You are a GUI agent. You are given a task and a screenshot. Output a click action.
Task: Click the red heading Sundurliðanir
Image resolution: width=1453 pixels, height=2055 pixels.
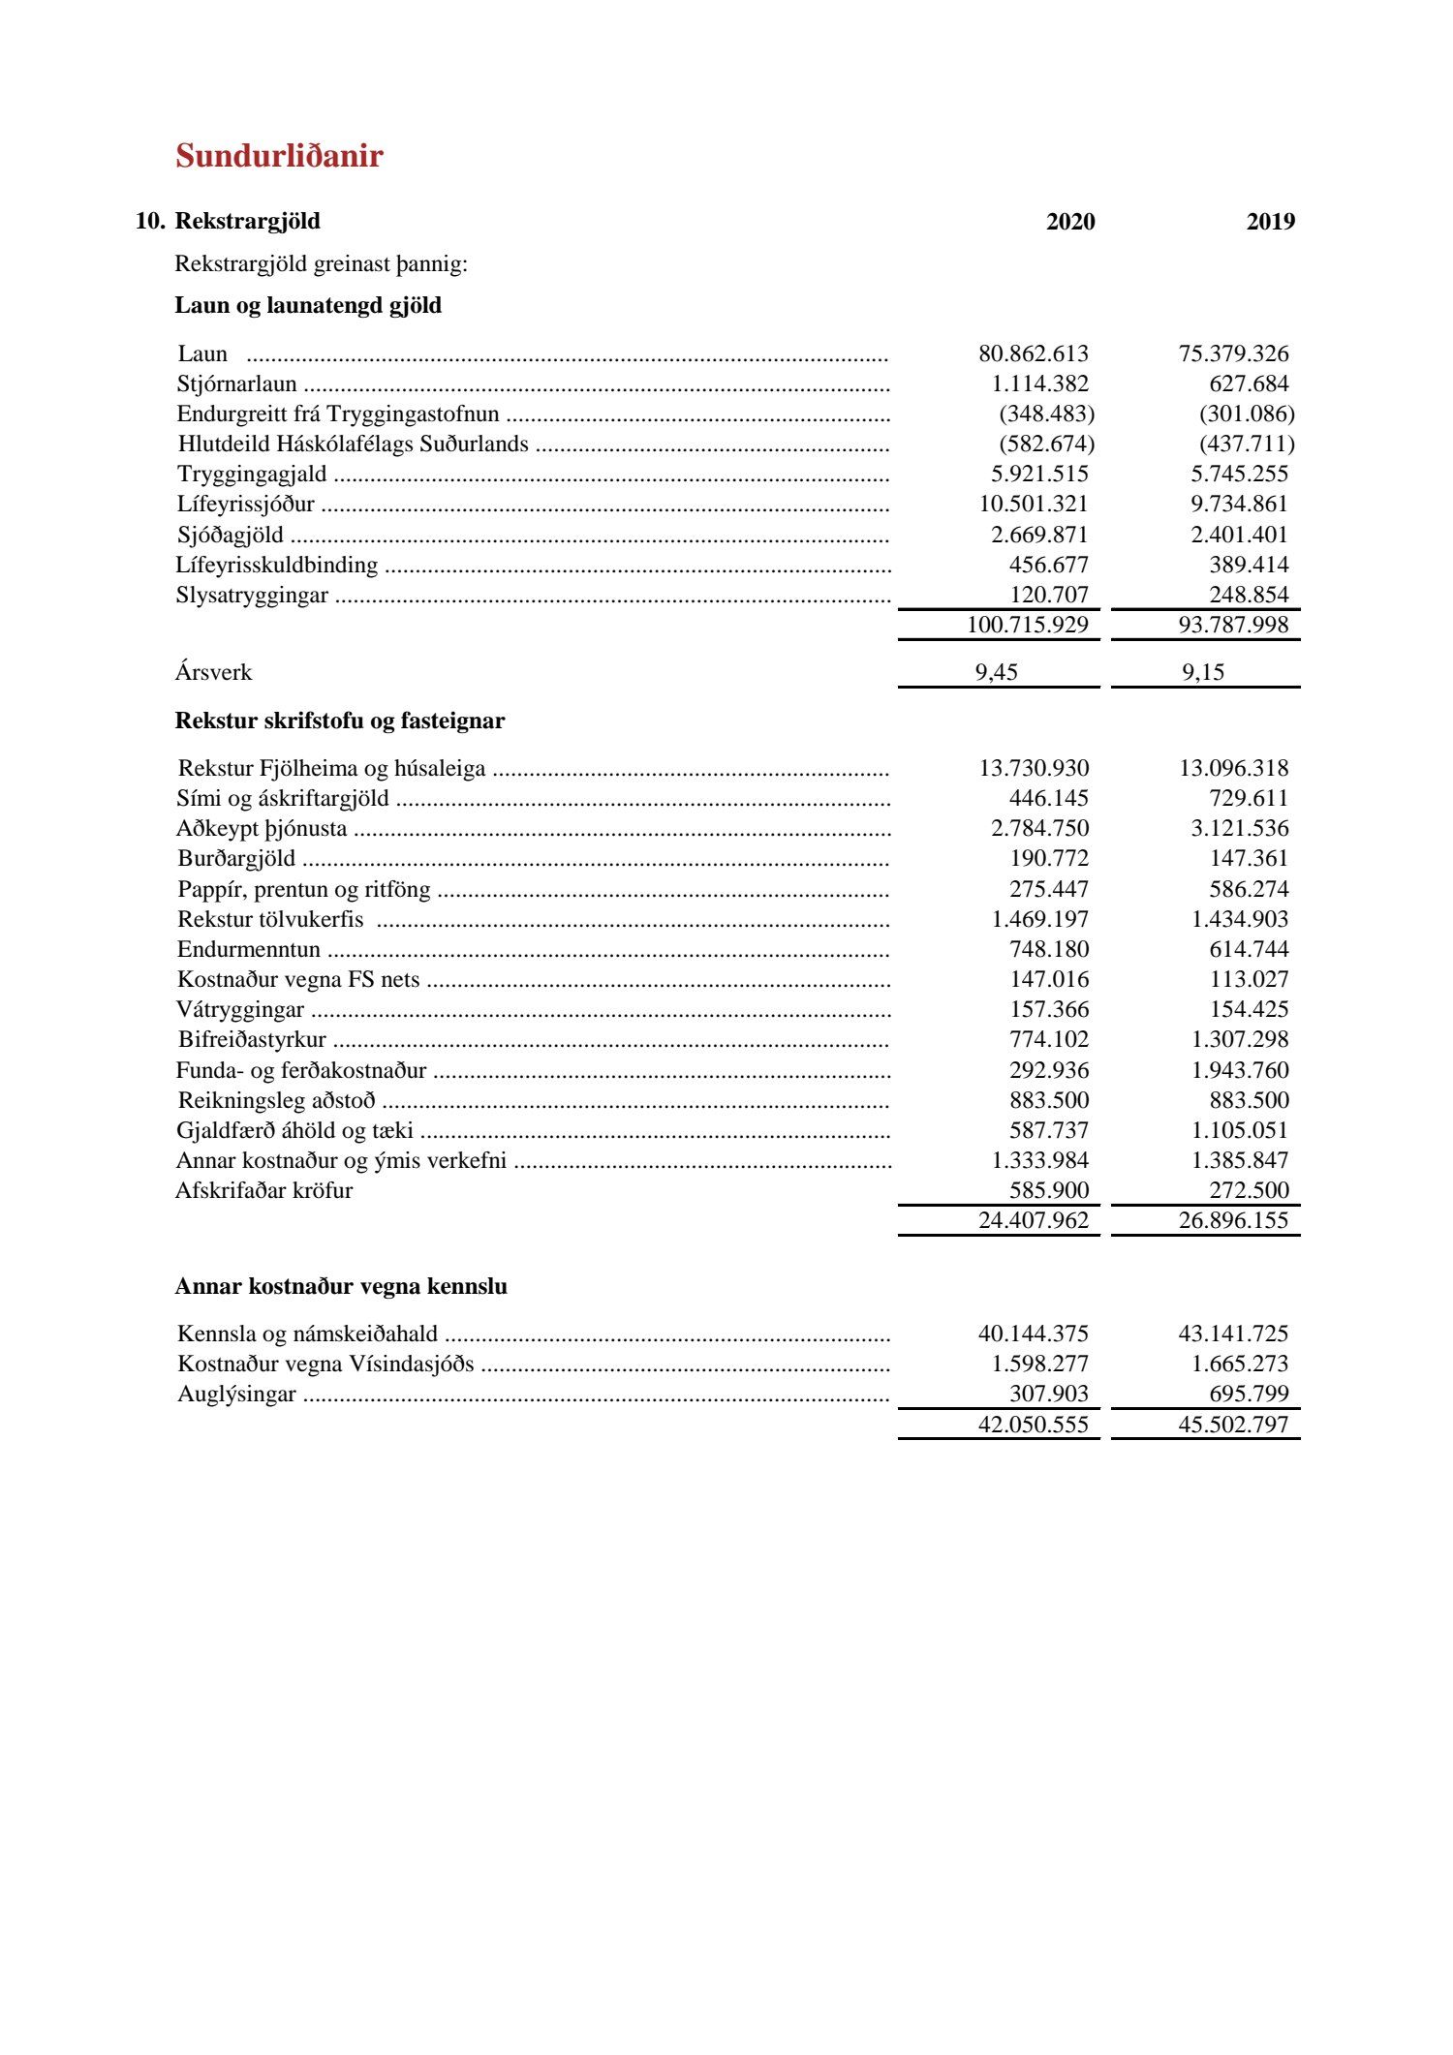279,156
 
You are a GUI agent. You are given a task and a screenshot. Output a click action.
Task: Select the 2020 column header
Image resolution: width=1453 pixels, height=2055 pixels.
1070,222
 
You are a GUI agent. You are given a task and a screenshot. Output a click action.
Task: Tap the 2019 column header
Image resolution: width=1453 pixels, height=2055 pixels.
1270,222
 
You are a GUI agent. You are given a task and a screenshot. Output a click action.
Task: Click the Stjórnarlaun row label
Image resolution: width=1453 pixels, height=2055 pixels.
236,384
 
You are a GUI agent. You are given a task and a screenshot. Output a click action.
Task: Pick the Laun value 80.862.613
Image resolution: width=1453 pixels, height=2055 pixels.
1033,353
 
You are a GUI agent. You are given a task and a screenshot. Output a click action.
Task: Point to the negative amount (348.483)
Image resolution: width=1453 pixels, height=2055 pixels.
1046,414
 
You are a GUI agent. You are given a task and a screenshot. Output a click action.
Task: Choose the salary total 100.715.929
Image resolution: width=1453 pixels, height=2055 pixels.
1027,625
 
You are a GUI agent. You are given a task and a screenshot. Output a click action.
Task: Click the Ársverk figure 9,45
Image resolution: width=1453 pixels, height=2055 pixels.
996,672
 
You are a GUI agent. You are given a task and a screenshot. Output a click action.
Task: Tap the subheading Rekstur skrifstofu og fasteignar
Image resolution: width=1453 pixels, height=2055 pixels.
339,721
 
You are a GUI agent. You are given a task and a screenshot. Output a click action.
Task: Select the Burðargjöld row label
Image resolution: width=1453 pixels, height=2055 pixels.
236,859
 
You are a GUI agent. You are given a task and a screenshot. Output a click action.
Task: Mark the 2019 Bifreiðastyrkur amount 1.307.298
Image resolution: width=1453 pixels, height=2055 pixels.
1240,1039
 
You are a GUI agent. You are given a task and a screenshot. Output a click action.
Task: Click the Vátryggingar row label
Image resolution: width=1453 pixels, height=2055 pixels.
240,1010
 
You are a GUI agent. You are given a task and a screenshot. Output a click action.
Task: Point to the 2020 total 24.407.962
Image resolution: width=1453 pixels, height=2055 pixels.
1033,1220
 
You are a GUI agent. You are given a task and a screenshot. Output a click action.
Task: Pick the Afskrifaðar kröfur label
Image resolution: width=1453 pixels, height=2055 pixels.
263,1190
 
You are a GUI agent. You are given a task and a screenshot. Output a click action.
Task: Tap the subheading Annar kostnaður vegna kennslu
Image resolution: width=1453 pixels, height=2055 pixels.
341,1286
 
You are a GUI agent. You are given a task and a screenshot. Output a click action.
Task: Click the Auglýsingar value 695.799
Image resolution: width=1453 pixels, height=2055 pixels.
1249,1394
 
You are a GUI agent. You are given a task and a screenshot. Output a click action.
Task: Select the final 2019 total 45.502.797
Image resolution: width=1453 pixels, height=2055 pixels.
1233,1425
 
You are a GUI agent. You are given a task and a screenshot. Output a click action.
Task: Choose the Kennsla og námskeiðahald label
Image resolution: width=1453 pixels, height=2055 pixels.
307,1334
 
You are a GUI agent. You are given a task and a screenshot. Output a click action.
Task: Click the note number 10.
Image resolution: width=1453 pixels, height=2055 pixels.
149,221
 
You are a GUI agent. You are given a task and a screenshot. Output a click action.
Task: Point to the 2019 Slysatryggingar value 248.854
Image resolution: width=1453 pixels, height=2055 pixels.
1249,595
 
